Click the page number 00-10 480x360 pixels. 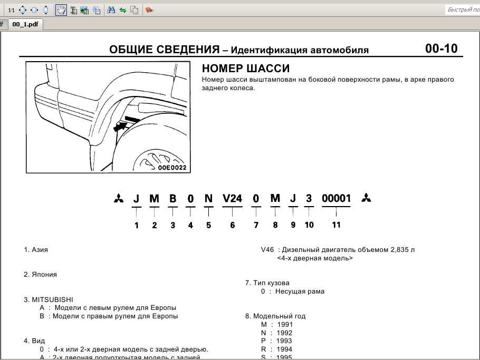pos(441,49)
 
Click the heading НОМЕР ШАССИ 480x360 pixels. pos(246,69)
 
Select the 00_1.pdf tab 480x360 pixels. pos(25,24)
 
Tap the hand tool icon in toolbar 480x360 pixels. pos(61,10)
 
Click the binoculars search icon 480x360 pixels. pos(111,10)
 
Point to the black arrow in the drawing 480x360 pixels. pos(121,126)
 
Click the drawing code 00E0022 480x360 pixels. pos(172,168)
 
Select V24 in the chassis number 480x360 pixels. pos(232,199)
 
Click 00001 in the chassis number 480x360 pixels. pos(336,199)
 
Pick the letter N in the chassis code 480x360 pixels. pos(209,199)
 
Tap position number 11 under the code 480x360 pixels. pos(336,225)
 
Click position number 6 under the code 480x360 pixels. pos(232,225)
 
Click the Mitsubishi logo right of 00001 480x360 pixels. pos(366,198)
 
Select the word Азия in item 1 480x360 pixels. pos(40,249)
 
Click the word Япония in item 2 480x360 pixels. pos(44,275)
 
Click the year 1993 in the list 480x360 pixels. pos(284,341)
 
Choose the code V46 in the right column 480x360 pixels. pos(267,249)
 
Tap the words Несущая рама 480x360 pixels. pos(300,291)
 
